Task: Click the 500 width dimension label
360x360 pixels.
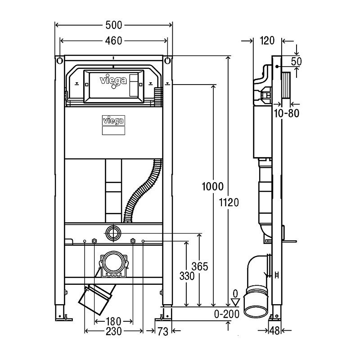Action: [113, 24]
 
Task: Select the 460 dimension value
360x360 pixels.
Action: [113, 41]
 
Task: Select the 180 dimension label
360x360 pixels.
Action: [113, 321]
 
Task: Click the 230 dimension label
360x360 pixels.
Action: [113, 331]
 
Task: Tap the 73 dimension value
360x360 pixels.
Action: [163, 332]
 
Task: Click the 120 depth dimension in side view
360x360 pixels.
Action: [267, 41]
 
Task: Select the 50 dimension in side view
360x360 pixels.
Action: [296, 61]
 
